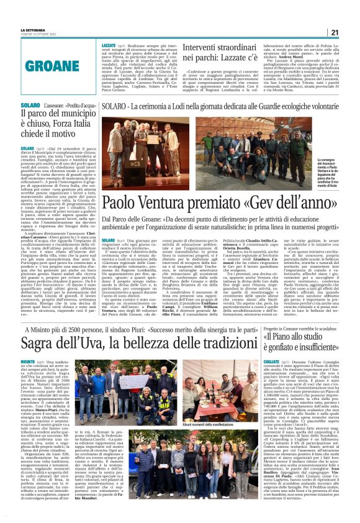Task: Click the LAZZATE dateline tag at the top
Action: (109, 45)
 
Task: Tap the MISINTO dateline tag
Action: (28, 361)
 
